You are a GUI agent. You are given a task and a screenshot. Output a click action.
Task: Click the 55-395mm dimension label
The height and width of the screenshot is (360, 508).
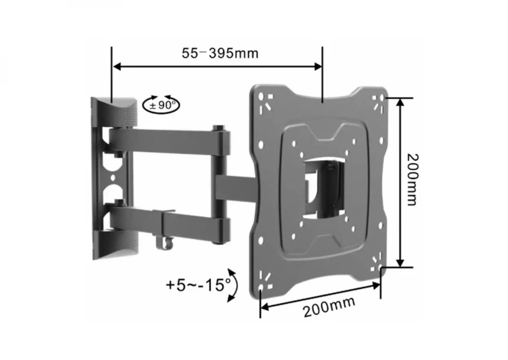pyautogui.click(x=220, y=53)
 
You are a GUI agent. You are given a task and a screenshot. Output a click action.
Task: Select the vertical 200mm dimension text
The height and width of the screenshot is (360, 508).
pyautogui.click(x=413, y=180)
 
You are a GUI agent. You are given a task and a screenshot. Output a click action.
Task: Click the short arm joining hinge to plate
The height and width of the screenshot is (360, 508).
pyautogui.click(x=236, y=187)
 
